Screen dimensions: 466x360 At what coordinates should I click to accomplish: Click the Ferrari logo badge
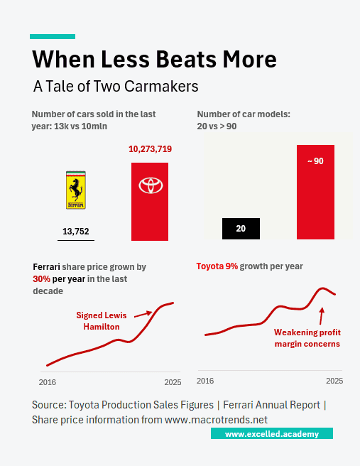[75, 190]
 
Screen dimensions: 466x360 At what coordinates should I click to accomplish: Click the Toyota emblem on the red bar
[150, 185]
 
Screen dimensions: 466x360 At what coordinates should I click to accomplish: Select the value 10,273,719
[150, 150]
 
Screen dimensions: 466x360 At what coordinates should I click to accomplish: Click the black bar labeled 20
[241, 228]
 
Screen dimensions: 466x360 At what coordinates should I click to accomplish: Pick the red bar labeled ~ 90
[315, 192]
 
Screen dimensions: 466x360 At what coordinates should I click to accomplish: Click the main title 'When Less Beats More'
[155, 58]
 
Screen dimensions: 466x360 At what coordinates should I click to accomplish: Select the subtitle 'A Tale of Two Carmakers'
[116, 86]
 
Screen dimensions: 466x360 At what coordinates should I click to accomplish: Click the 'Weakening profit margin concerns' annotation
[307, 338]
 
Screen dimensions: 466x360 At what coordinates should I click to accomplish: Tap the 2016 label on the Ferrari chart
[47, 382]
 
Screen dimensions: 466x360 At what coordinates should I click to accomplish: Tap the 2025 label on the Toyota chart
[334, 381]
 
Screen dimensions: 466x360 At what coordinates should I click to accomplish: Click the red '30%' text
[42, 279]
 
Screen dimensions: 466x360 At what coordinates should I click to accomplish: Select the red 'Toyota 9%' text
[217, 266]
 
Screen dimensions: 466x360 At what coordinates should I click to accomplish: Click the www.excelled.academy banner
[271, 433]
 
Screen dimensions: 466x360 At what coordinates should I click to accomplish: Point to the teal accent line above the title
[52, 36]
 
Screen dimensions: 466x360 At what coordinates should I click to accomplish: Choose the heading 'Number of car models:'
[244, 114]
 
